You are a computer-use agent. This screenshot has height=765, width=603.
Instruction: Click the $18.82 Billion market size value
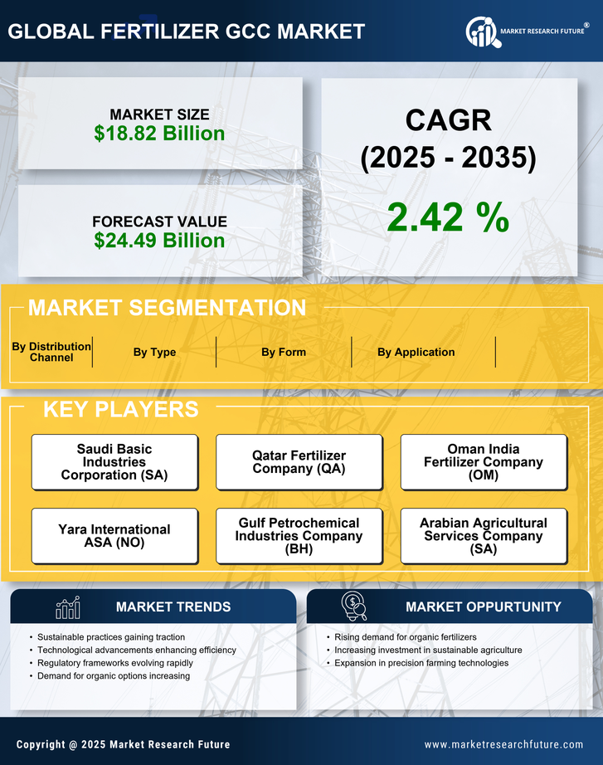click(159, 134)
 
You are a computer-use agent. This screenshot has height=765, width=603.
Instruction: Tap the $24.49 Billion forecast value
click(159, 241)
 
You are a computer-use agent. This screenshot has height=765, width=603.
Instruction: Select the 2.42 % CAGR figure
click(448, 217)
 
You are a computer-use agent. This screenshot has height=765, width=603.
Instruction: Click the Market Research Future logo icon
click(481, 32)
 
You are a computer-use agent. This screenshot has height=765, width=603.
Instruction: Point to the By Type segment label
click(154, 352)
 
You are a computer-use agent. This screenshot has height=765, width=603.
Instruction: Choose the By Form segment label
click(284, 352)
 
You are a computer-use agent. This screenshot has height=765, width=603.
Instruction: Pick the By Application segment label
click(416, 352)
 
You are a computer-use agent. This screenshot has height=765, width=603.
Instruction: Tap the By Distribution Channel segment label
click(51, 352)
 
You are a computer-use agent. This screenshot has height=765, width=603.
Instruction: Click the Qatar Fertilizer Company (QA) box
click(299, 462)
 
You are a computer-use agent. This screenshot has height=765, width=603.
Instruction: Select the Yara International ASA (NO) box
click(114, 536)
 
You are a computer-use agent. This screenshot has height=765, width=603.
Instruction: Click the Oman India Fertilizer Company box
click(484, 462)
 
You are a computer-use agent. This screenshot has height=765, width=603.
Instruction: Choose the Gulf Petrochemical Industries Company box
click(299, 536)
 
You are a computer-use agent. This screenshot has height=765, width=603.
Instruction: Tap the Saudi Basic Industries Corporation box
click(114, 462)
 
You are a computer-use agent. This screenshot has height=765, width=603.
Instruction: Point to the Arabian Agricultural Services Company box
click(484, 536)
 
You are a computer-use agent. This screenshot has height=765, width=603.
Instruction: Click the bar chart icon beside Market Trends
click(67, 607)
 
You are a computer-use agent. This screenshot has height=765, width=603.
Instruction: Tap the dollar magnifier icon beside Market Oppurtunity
click(354, 606)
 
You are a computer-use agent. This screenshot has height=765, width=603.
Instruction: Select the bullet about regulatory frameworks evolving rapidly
click(115, 663)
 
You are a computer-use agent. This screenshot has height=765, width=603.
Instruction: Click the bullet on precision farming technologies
click(421, 663)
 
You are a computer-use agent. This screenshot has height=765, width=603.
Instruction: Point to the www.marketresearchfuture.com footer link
click(503, 744)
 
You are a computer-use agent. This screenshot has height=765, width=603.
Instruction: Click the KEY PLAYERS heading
click(120, 409)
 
